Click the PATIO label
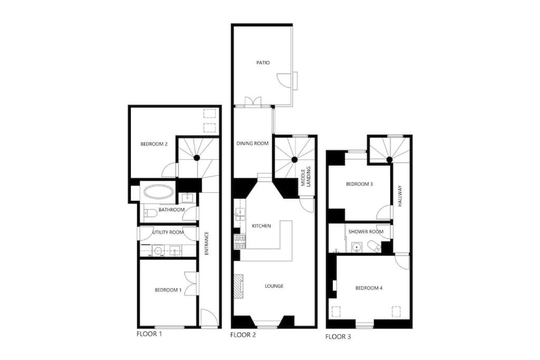click(x=263, y=63)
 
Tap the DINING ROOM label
click(x=253, y=143)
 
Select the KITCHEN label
click(x=262, y=226)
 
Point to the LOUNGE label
click(x=274, y=286)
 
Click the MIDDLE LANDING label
click(x=306, y=177)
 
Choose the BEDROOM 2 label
click(x=154, y=144)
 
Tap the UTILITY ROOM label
click(x=168, y=232)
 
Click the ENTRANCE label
click(x=207, y=244)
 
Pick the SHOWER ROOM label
click(x=366, y=231)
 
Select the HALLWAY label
click(x=400, y=196)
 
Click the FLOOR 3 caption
click(x=338, y=337)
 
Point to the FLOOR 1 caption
click(x=149, y=334)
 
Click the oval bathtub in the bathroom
click(x=158, y=192)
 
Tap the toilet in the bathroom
click(x=150, y=213)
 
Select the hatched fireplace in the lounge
click(x=239, y=286)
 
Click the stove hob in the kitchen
click(x=240, y=241)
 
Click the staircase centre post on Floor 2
click(x=294, y=160)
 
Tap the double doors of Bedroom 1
click(x=190, y=284)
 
